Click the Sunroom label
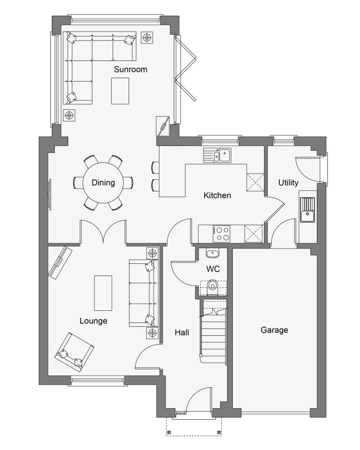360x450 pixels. (x=131, y=69)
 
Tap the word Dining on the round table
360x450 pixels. (x=103, y=182)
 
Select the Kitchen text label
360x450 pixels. (x=217, y=195)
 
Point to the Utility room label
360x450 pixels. (x=288, y=182)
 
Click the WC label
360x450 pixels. (x=213, y=269)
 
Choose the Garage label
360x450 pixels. (x=274, y=330)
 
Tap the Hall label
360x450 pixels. (x=182, y=332)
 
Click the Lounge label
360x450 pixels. (x=93, y=321)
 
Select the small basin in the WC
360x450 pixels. (x=213, y=253)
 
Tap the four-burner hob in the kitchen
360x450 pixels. (x=221, y=234)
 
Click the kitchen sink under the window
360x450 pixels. (x=217, y=155)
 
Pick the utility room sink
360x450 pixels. (x=308, y=210)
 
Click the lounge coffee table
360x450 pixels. (x=103, y=293)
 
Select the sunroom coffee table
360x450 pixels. (x=120, y=91)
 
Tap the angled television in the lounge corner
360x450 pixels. (x=60, y=262)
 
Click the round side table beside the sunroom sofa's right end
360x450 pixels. (x=147, y=37)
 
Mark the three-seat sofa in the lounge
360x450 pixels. (x=144, y=293)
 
